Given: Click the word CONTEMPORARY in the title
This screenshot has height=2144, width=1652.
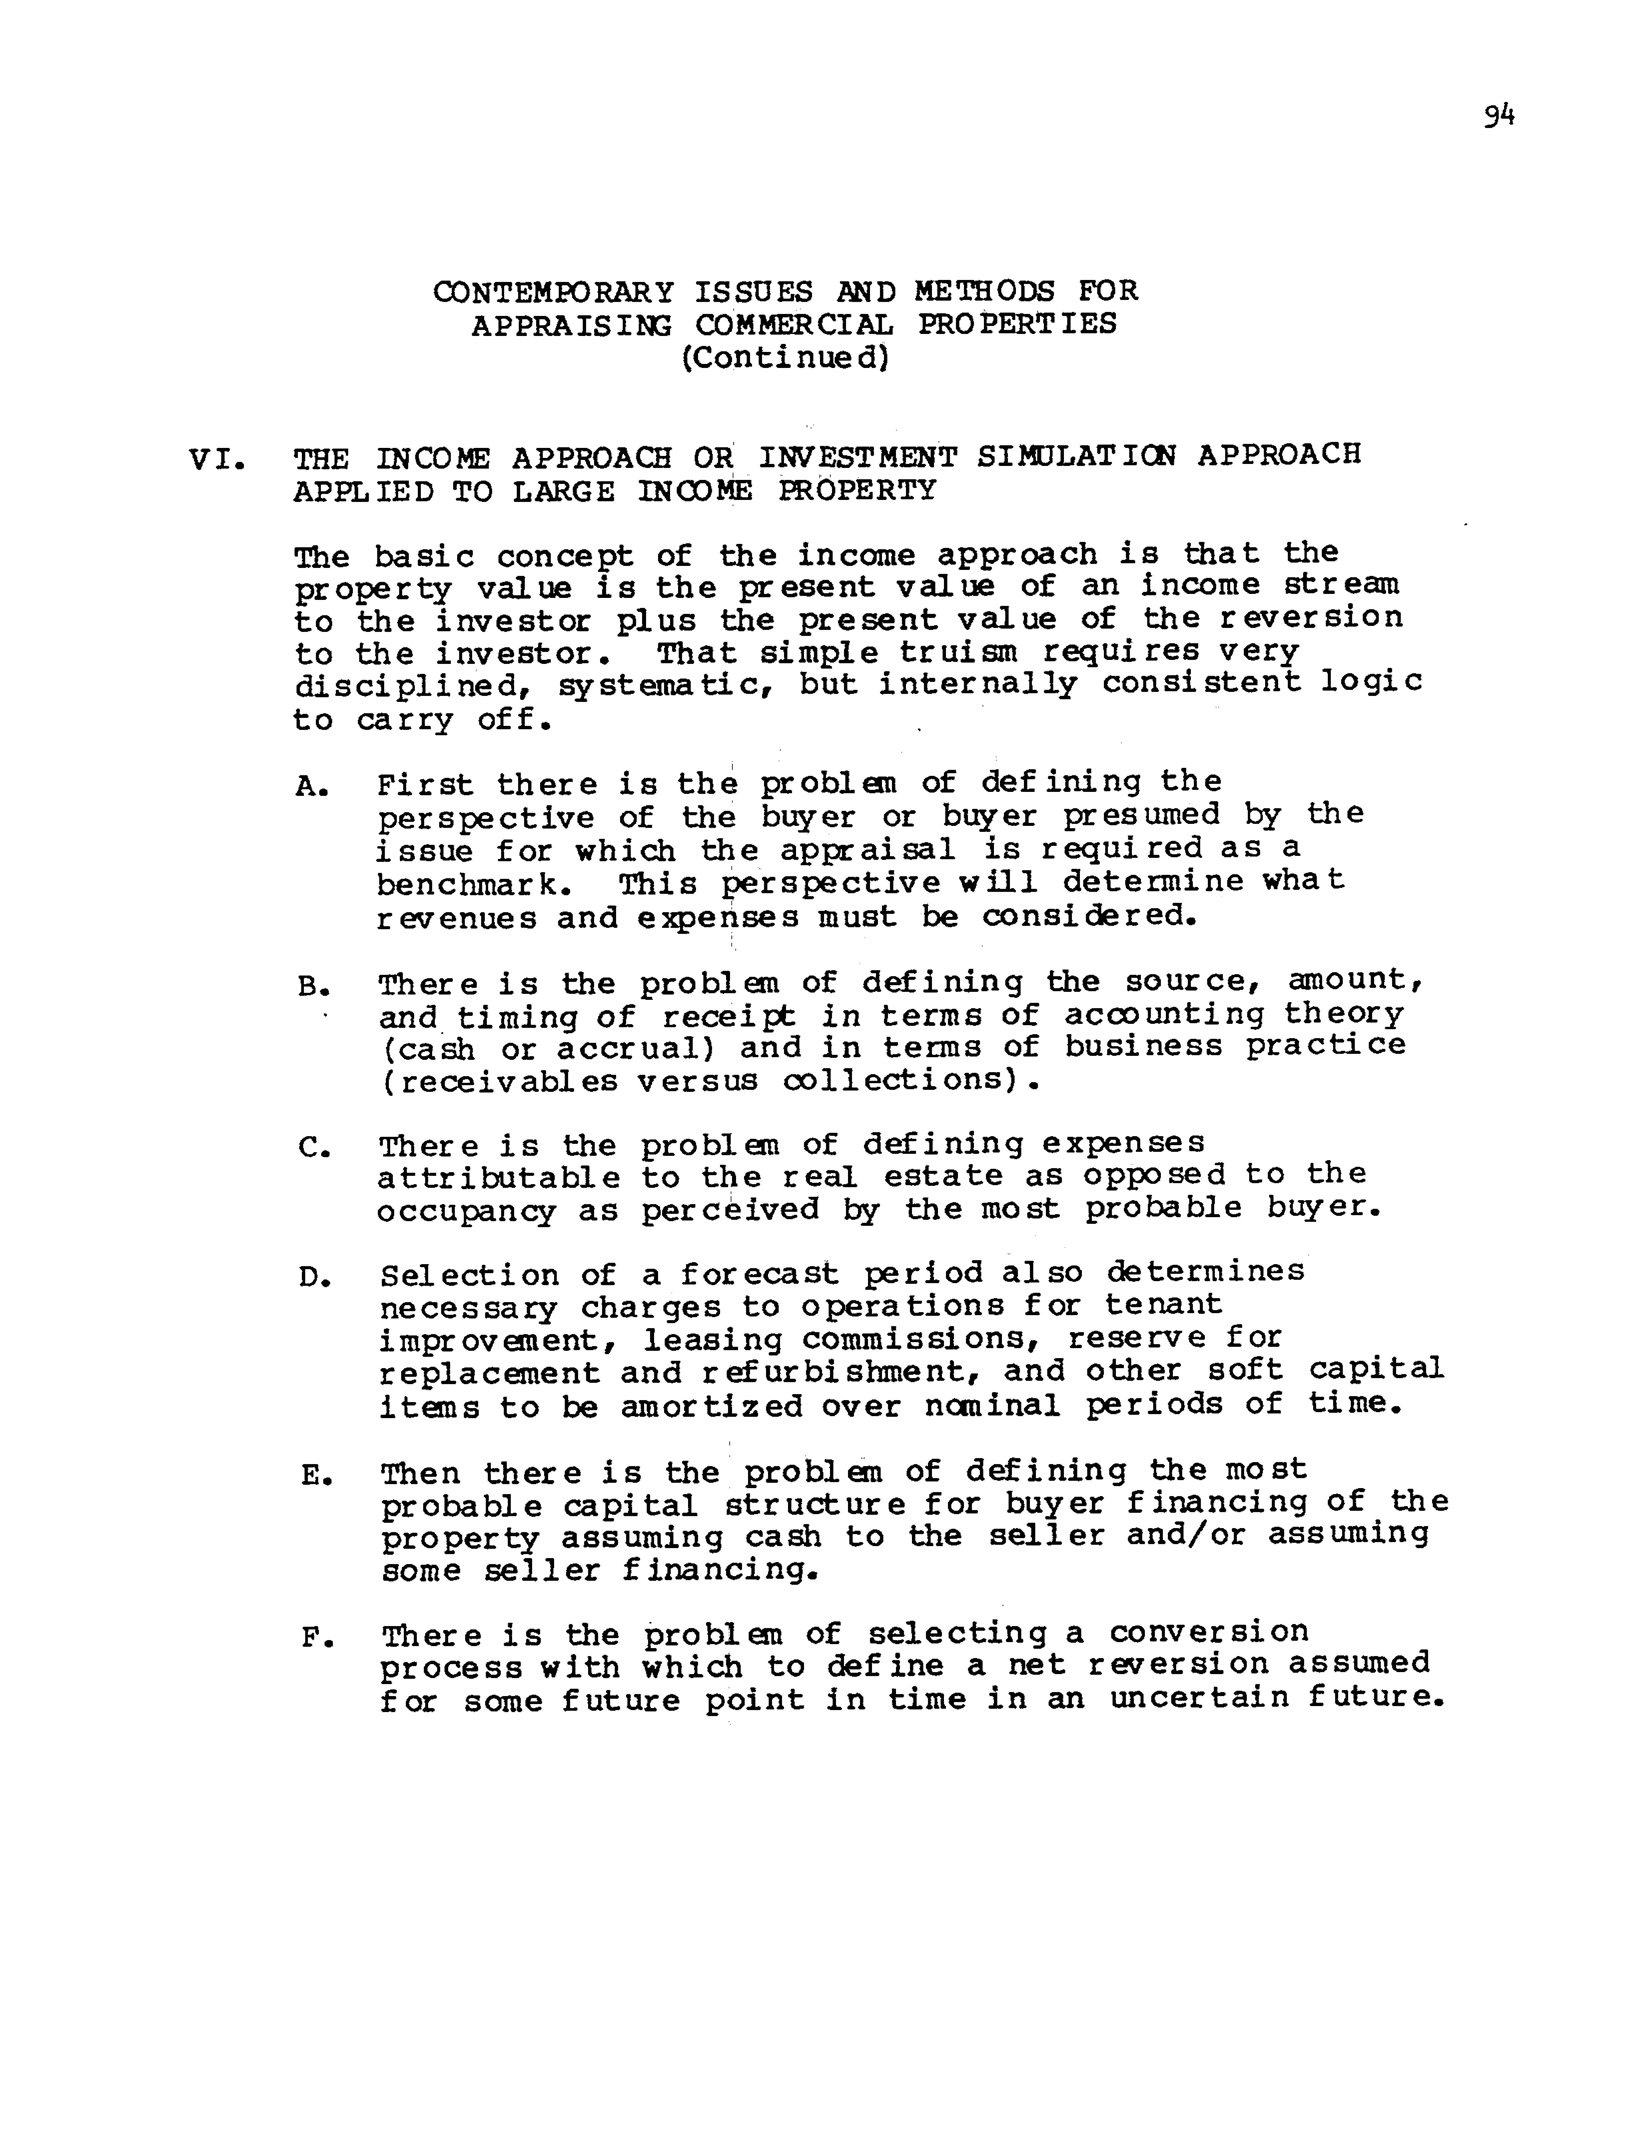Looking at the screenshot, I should pyautogui.click(x=554, y=292).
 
